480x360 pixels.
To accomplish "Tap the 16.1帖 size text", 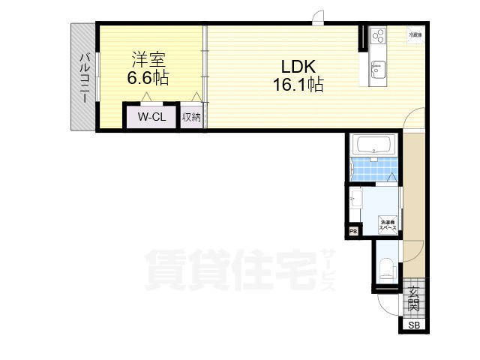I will click(298, 84).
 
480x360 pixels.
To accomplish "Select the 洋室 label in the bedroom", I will click(149, 58).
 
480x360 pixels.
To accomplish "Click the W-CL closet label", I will click(151, 117).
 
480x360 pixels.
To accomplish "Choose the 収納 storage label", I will click(190, 117).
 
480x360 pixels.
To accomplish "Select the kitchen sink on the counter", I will click(376, 68).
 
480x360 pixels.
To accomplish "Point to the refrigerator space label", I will click(415, 34).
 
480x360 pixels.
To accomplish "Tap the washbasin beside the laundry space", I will click(356, 199).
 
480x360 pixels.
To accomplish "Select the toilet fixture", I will click(385, 268).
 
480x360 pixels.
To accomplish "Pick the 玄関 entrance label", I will click(413, 299).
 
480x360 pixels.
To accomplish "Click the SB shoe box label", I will click(414, 325).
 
